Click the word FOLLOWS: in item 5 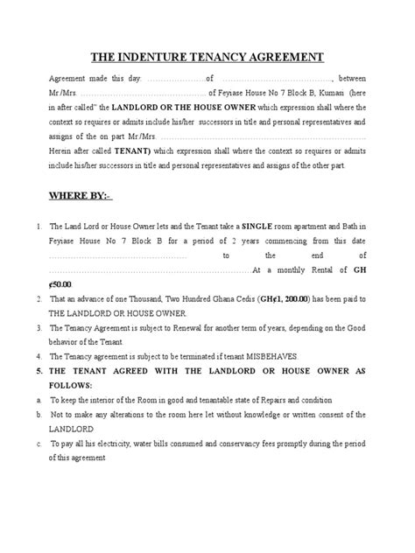tap(77, 385)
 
